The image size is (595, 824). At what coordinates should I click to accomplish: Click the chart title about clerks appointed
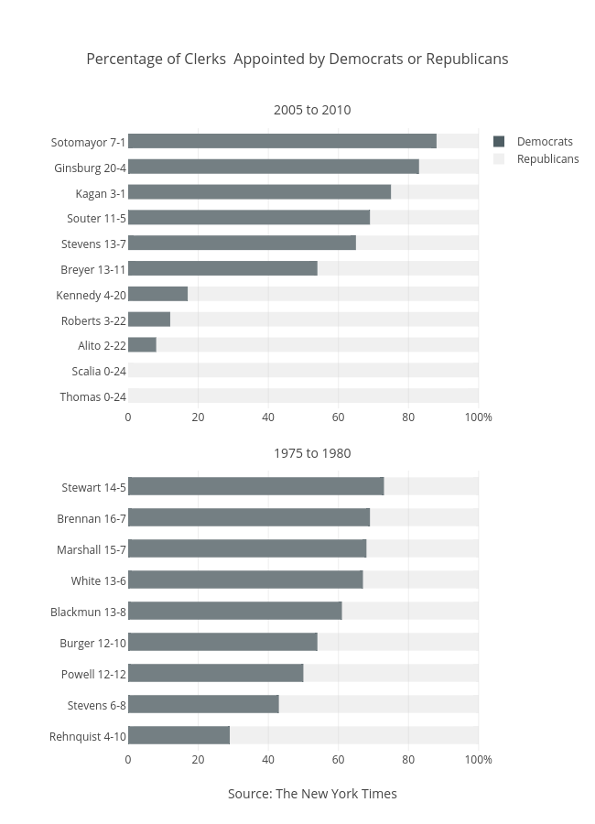[x=297, y=59]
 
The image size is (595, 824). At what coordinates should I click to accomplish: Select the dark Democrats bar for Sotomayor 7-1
[x=282, y=141]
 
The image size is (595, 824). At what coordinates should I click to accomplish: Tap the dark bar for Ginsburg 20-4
[x=273, y=167]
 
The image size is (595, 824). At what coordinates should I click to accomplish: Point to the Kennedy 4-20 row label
[x=91, y=295]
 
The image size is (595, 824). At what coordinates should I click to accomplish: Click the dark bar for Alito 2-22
[x=142, y=345]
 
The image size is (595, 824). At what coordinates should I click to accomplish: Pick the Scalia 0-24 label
[x=99, y=371]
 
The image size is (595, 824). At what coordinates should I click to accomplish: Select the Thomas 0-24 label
[x=92, y=396]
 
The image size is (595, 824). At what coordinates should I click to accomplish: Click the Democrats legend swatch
[x=499, y=141]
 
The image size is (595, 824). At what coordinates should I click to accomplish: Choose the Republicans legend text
[x=547, y=158]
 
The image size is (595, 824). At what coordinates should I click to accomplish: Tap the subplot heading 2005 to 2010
[x=312, y=110]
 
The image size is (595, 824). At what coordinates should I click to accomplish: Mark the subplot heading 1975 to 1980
[x=312, y=453]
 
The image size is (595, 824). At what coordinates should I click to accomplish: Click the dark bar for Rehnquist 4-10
[x=178, y=735]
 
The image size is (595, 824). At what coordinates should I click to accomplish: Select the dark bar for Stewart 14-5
[x=255, y=486]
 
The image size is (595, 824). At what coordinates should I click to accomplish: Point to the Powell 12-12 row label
[x=93, y=674]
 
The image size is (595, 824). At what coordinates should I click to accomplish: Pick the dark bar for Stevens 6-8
[x=203, y=704]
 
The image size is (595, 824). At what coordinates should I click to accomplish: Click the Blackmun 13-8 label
[x=88, y=612]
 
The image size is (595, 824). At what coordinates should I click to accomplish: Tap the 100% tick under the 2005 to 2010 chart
[x=478, y=417]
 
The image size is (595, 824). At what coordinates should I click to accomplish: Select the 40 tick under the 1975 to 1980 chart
[x=268, y=759]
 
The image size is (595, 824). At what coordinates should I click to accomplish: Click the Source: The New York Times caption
[x=312, y=794]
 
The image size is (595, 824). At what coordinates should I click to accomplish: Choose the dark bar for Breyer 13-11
[x=222, y=268]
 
